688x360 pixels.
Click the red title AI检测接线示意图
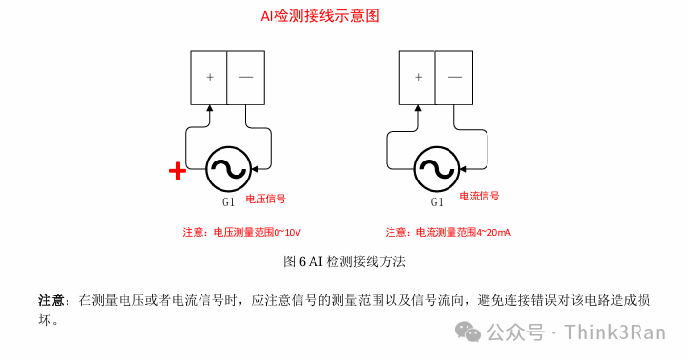314,16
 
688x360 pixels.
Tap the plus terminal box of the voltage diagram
209,76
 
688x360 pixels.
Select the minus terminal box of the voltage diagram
245,76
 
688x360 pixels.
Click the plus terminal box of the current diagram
417,76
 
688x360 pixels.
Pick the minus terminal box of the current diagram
454,76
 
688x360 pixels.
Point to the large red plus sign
177,171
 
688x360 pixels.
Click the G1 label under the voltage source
228,202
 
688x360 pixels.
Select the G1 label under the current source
437,202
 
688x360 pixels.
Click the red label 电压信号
266,199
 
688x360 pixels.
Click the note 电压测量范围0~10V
248,232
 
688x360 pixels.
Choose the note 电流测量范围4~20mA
449,232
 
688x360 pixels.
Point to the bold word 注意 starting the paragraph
51,300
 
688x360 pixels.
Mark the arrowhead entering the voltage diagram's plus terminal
209,108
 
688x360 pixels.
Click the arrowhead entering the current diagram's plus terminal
417,108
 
